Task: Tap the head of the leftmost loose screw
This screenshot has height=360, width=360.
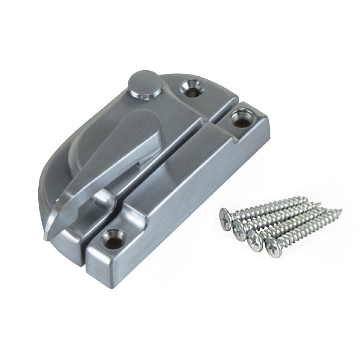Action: click(226, 217)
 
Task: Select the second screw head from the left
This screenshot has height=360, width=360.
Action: click(240, 227)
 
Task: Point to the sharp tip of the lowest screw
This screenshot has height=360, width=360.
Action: click(340, 211)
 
